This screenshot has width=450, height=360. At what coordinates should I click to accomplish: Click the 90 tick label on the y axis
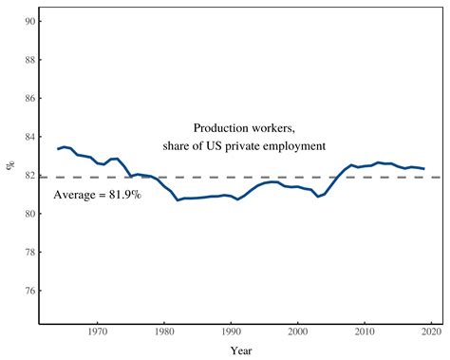[29, 21]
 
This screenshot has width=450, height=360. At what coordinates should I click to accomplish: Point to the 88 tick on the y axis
[29, 60]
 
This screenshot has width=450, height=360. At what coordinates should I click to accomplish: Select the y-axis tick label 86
[29, 98]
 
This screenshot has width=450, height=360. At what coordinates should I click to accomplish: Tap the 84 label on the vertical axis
[29, 137]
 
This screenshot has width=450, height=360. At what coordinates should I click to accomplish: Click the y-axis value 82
[29, 176]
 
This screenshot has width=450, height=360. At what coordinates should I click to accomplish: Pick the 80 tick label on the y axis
[29, 214]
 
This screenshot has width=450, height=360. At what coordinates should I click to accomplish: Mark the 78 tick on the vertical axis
[29, 253]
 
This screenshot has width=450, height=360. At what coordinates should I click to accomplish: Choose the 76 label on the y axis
[29, 291]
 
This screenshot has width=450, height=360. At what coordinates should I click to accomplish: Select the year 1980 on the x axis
[164, 332]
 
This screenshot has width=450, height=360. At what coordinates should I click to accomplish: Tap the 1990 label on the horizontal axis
[231, 332]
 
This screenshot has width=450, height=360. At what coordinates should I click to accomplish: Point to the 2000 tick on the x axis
[298, 332]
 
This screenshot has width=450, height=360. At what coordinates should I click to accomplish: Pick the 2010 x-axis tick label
[365, 332]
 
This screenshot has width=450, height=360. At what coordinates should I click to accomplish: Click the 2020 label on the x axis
[432, 332]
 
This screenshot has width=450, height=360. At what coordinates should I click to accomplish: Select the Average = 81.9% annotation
[97, 195]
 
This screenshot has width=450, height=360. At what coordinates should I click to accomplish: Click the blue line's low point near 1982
[178, 199]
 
